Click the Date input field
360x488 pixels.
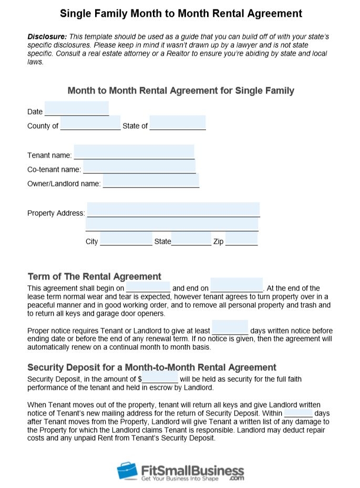click(77, 109)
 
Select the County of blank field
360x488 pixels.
click(90, 123)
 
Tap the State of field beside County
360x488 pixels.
click(178, 123)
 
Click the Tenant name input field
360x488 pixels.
click(134, 152)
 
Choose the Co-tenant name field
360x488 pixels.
click(139, 167)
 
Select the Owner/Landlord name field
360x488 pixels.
click(151, 181)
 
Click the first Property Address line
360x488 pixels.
click(173, 210)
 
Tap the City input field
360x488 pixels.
click(126, 239)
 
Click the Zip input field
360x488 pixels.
click(242, 239)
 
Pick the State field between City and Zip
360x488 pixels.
click(191, 239)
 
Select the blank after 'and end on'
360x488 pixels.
click(236, 285)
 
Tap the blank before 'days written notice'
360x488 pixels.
click(230, 328)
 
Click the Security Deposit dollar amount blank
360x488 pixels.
click(160, 376)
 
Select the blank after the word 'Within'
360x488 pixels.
click(298, 410)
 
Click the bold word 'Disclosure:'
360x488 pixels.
click(47, 37)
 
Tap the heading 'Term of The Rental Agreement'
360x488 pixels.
click(95, 276)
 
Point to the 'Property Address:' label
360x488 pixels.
click(56, 213)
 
